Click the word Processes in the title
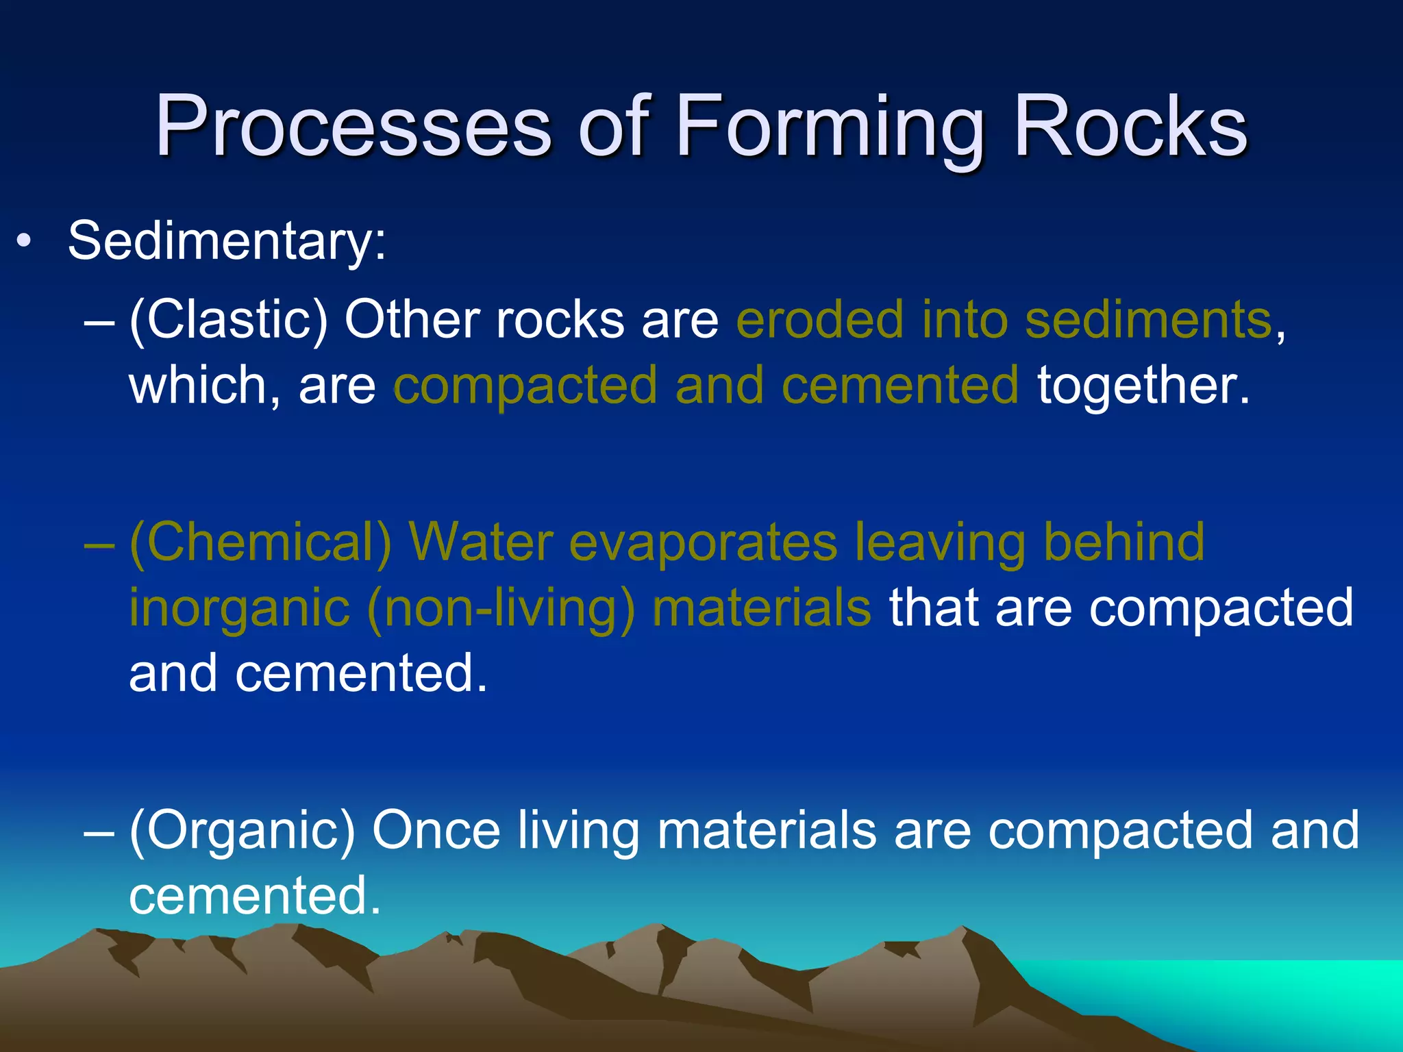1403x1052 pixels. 353,127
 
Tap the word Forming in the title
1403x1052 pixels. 829,127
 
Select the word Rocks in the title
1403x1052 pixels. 1130,127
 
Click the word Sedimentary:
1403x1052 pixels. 227,241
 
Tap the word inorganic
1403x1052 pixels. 240,608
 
